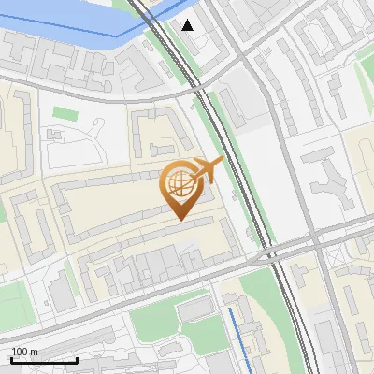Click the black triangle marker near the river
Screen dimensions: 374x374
188,25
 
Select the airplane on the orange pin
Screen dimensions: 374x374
209,169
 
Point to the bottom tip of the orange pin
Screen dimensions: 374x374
180,220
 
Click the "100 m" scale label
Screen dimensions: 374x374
23,352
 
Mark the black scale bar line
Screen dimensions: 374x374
44,360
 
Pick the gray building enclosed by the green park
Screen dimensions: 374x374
195,309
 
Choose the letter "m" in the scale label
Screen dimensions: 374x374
34,352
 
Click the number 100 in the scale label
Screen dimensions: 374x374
20,352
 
